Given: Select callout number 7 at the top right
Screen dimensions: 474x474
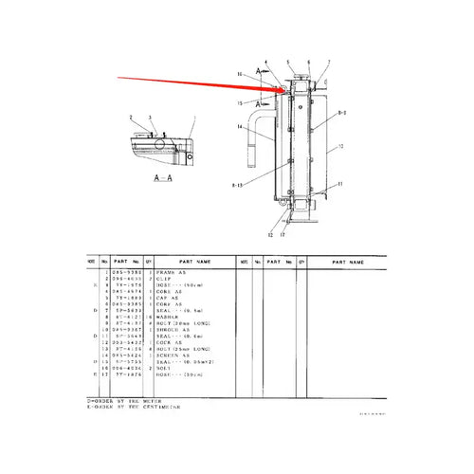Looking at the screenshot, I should coord(328,64).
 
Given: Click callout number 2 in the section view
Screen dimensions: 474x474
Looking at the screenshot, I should coord(119,117).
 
